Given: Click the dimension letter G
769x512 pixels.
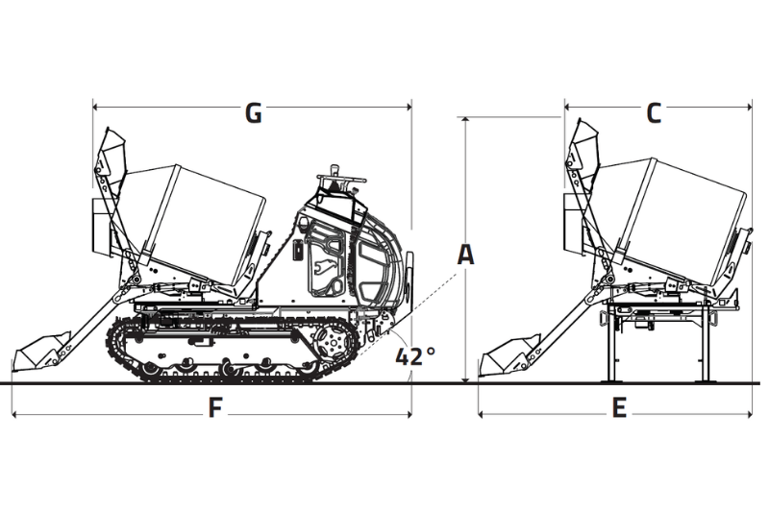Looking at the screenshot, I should point(253,113).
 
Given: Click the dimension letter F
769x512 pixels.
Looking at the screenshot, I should point(216,408).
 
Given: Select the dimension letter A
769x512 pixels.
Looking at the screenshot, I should point(465,255).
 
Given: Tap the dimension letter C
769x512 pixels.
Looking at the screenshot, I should point(654,113).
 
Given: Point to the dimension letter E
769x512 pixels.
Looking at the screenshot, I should point(620,408).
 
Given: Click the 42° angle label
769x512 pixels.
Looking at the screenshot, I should point(415,355).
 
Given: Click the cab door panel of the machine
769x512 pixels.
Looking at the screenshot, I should point(323,263).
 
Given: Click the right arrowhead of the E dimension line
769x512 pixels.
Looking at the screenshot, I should point(753,415).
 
